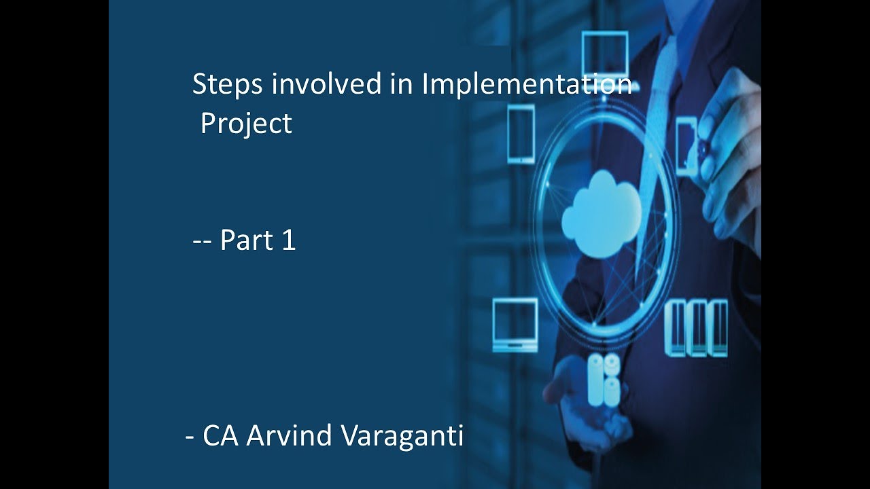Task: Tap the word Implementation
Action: pos(527,85)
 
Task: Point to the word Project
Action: pos(246,124)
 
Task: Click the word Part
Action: pos(247,240)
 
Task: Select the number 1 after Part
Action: pos(288,240)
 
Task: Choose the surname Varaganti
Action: pos(401,436)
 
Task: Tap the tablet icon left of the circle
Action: pos(521,134)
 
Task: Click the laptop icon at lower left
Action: pos(515,324)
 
